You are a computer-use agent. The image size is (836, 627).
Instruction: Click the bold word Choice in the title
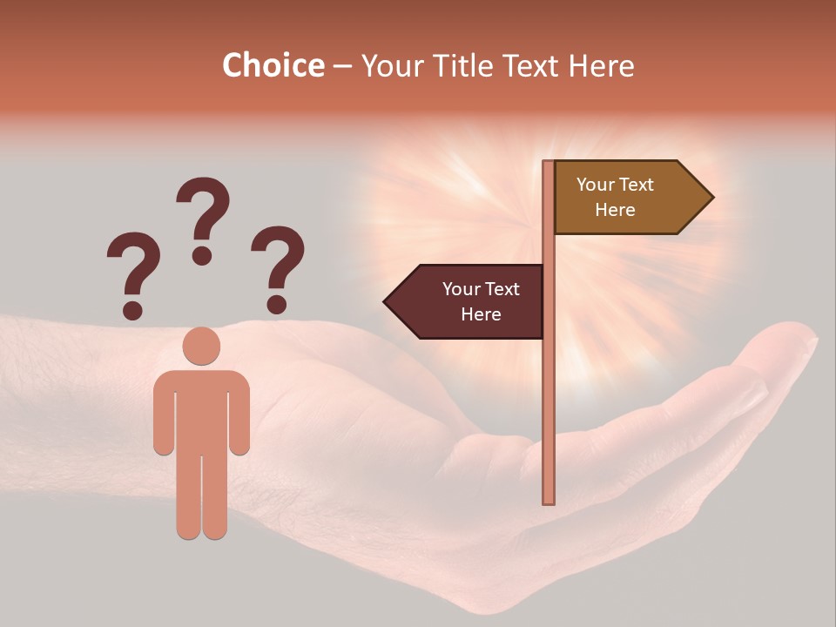(273, 65)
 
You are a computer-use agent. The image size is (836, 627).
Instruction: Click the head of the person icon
(201, 346)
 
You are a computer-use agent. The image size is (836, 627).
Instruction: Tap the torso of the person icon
(201, 409)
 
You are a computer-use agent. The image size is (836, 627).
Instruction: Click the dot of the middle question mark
(202, 255)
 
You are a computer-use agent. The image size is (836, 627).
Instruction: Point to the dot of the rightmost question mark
(277, 304)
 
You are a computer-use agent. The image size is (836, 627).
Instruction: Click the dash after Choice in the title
(342, 66)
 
